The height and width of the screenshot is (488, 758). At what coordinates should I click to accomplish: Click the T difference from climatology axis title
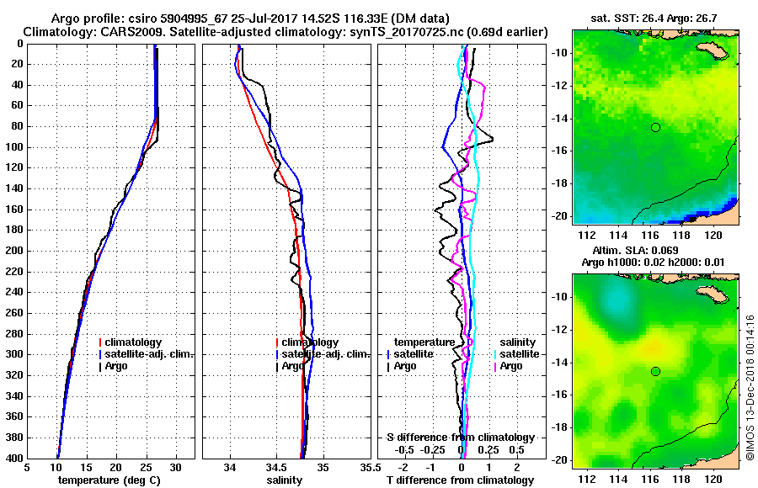[459, 480]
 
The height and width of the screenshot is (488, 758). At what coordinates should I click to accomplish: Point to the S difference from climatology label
[461, 438]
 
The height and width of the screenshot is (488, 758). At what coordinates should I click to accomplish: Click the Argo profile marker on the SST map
[655, 127]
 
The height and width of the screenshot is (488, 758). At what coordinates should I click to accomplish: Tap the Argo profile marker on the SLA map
[655, 371]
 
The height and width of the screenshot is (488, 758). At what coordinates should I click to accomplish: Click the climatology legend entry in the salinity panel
[310, 342]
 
